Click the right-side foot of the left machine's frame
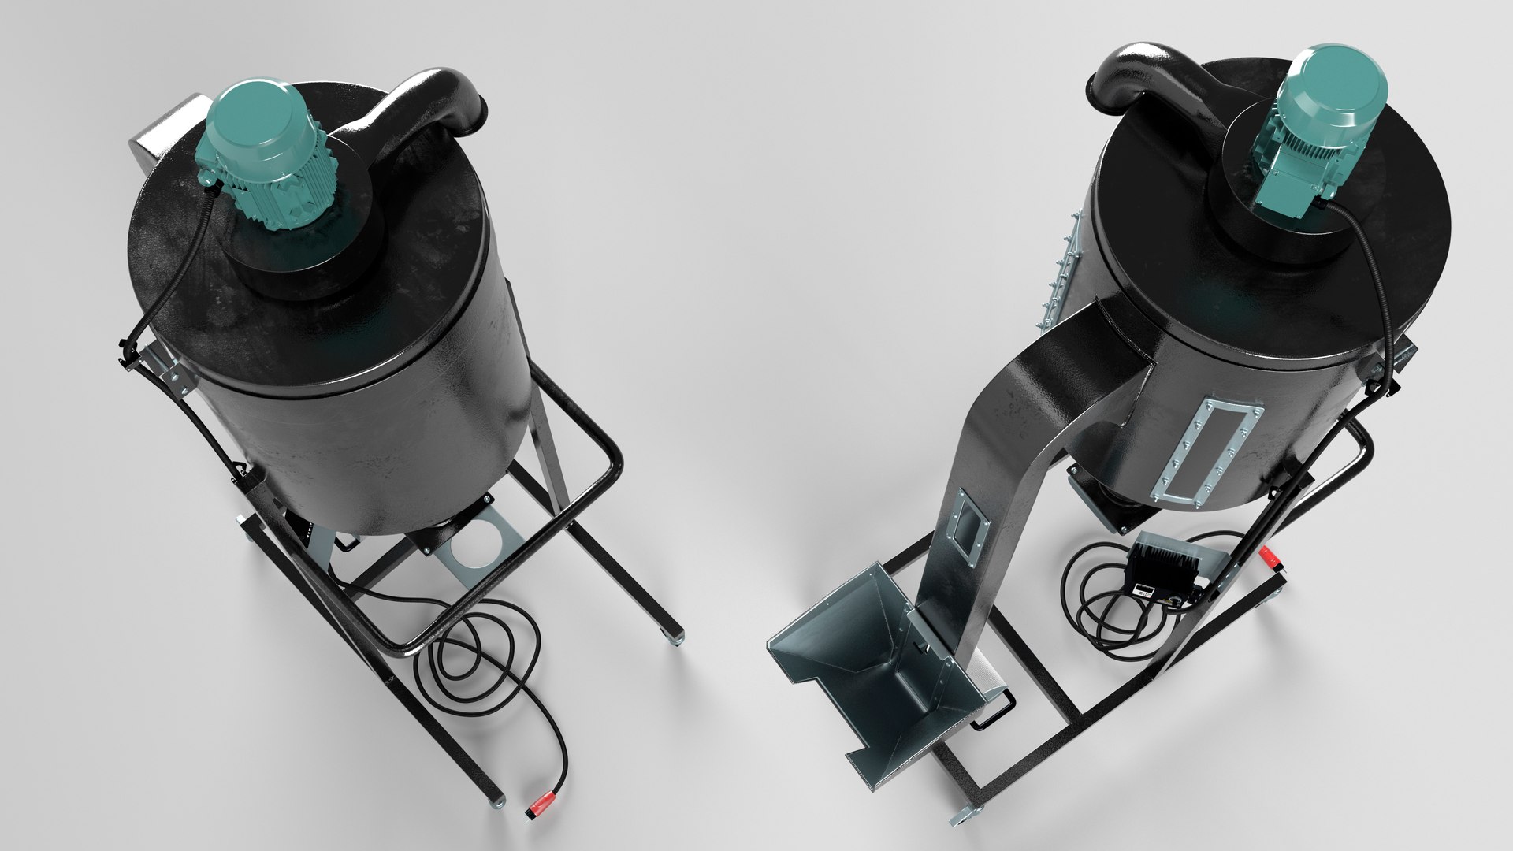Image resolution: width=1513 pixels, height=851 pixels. coord(675,637)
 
